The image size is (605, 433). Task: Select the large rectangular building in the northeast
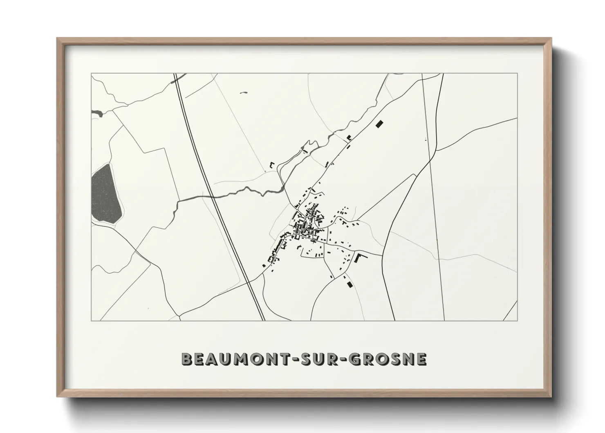[379, 123]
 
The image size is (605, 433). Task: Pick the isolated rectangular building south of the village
[349, 283]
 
